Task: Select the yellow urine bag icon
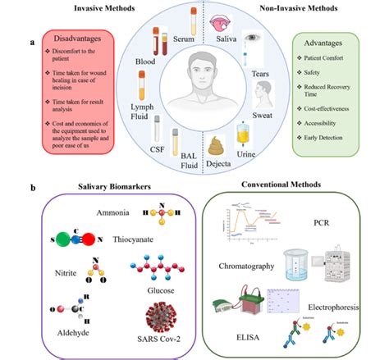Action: coord(242,133)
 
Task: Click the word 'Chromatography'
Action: coord(255,267)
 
